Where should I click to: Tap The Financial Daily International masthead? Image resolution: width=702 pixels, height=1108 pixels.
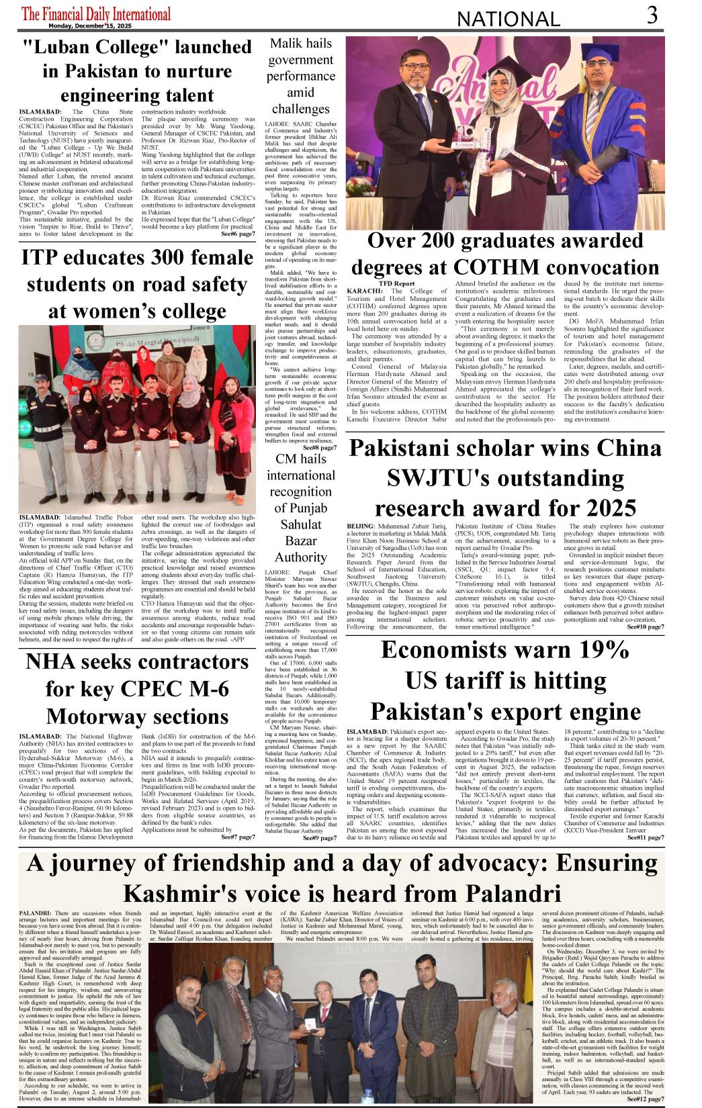pyautogui.click(x=96, y=13)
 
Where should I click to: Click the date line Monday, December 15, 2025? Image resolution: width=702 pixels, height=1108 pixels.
pyautogui.click(x=90, y=26)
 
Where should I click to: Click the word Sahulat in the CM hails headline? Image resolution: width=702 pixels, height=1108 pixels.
pyautogui.click(x=301, y=524)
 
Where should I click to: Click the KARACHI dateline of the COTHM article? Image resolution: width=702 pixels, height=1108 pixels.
pyautogui.click(x=364, y=291)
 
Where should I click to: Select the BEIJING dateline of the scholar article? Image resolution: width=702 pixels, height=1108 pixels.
pyautogui.click(x=361, y=526)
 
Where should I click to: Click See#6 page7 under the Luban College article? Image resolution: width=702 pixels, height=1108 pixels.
pyautogui.click(x=238, y=234)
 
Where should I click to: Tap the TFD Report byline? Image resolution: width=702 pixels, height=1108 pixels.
pyautogui.click(x=396, y=283)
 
